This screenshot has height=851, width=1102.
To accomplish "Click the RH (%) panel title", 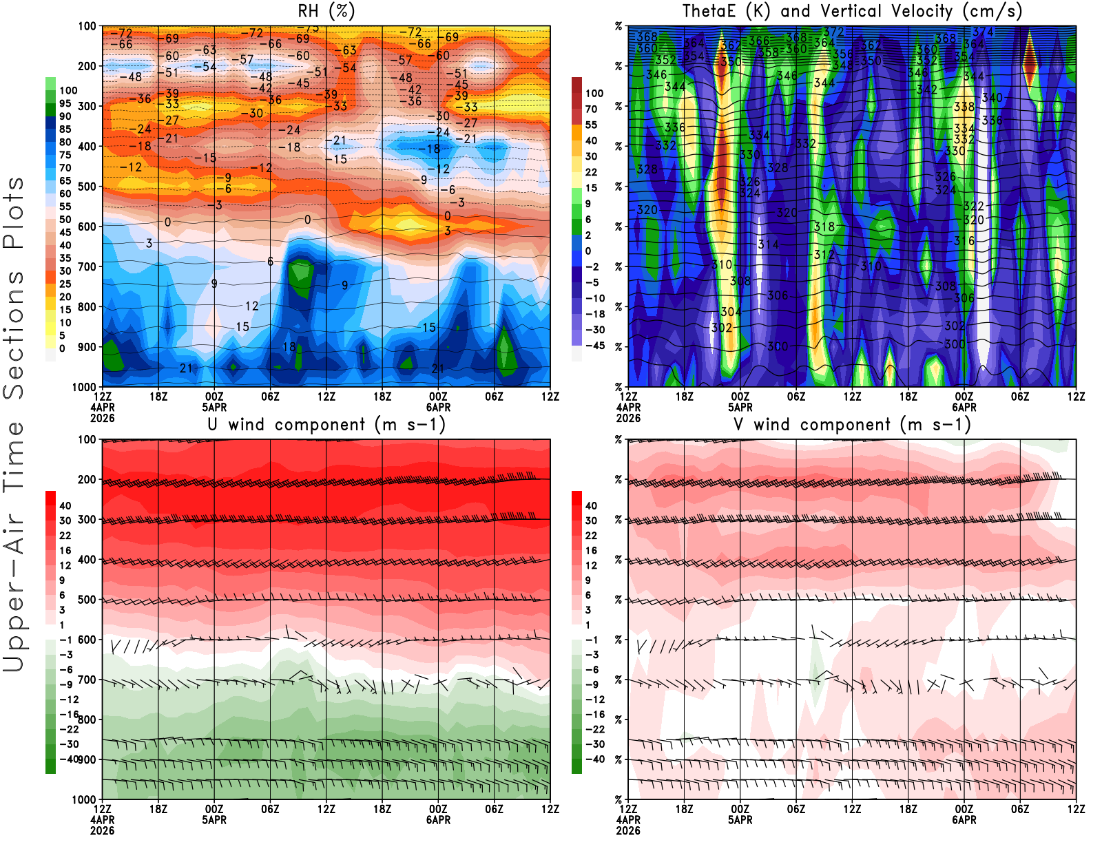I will point(326,11).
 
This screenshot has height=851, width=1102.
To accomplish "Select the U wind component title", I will point(326,425).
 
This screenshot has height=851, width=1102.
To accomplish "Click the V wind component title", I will point(852,425).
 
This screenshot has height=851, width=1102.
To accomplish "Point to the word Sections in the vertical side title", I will point(14,335).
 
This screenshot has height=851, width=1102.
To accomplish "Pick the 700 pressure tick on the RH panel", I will point(87,266).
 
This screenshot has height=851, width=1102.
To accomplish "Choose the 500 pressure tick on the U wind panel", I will point(87,600).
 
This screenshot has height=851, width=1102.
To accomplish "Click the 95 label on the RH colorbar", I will point(65,103).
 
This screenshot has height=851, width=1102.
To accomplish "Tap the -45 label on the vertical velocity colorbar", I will point(594,346).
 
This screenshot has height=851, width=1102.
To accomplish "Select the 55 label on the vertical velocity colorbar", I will point(591,125).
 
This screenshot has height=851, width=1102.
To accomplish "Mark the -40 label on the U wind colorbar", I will point(68,759).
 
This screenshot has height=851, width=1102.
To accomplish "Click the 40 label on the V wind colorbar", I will point(591,505).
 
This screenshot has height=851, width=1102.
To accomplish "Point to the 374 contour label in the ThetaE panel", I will point(983,32).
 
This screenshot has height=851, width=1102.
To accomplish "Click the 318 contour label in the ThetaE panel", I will point(824,227).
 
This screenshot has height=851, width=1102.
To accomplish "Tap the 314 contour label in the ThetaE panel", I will point(768,244).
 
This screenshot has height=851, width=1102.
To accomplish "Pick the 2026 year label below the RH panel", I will point(102,418).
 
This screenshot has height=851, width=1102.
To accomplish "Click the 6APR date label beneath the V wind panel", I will point(964,820).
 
